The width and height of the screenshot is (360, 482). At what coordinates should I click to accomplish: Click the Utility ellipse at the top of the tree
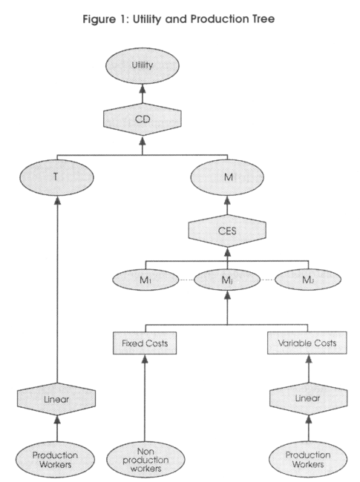pos(143,65)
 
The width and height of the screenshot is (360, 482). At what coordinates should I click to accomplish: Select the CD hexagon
pos(143,119)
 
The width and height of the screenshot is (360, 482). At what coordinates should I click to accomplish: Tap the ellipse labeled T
pos(56,177)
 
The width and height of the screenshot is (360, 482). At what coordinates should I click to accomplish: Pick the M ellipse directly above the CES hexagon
pos(227,177)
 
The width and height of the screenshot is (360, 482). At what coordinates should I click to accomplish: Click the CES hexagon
pos(227,231)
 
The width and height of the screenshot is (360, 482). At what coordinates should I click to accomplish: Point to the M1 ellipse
pos(145,280)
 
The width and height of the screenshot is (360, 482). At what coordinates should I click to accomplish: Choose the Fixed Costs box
pos(145,343)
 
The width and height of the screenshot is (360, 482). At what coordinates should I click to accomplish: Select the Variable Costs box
pos(307,343)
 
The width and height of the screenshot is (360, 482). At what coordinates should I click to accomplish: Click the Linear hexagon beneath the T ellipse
pos(56,399)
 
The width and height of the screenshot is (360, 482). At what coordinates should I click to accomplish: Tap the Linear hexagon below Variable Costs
pos(309,398)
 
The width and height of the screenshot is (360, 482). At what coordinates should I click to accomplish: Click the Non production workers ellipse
pos(145,460)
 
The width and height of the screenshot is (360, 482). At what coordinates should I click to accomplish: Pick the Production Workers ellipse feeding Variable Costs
pos(308,459)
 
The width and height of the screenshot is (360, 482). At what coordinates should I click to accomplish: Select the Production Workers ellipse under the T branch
pos(56,460)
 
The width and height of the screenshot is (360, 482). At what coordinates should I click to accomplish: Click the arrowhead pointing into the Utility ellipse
pos(143,88)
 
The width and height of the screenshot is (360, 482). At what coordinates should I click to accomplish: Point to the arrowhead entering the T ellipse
pos(57,200)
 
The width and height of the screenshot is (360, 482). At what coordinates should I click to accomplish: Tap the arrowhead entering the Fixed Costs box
pos(145,359)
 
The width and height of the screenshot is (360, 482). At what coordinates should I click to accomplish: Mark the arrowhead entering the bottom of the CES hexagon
pos(227,252)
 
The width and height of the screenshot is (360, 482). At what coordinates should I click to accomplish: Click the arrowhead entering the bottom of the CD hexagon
pos(143,140)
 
